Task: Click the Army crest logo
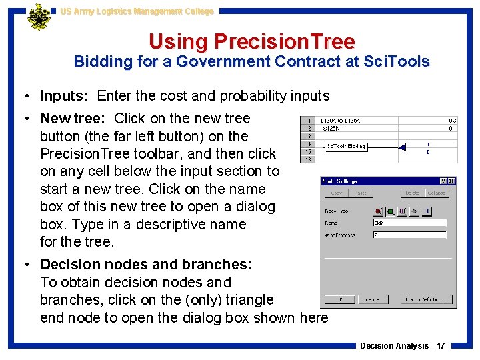[38, 17]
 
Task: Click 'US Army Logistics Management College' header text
[137, 11]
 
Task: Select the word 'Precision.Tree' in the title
[284, 41]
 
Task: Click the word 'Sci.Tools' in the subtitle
[398, 62]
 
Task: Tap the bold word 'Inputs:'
[66, 96]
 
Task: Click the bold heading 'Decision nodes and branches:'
[146, 265]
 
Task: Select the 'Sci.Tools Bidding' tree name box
[345, 146]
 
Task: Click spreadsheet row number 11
[308, 121]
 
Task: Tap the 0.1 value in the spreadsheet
[453, 128]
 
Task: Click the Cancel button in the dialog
[372, 299]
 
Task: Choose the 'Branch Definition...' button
[427, 299]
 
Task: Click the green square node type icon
[390, 211]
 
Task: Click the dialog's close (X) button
[452, 181]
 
